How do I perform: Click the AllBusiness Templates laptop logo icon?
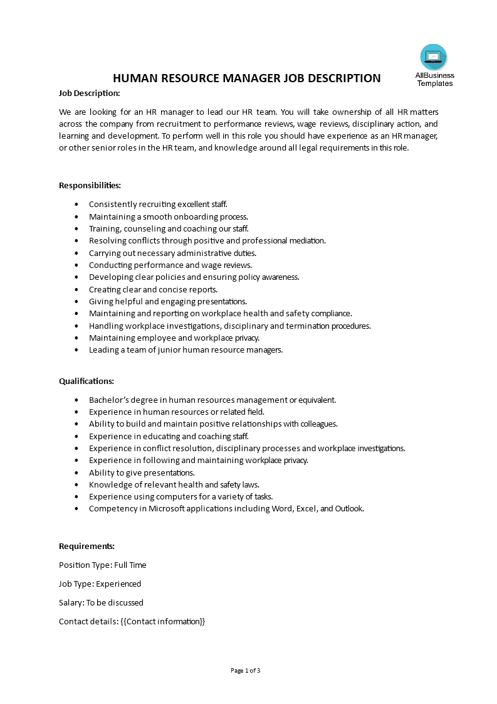434,57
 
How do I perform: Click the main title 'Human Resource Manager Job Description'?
246,78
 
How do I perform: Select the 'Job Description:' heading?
89,93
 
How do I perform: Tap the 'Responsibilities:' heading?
90,185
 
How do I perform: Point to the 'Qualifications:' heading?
86,381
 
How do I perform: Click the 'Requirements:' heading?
86,546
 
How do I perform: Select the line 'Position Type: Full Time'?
102,565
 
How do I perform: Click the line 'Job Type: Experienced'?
100,584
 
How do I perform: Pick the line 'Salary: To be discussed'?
101,602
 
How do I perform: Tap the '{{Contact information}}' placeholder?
162,621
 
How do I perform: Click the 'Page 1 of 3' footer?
246,670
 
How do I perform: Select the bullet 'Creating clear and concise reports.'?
153,289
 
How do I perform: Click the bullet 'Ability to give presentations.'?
142,472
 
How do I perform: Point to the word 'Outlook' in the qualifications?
348,509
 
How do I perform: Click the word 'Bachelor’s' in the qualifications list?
108,400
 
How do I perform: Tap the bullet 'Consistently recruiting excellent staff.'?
158,204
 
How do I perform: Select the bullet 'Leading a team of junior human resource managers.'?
186,350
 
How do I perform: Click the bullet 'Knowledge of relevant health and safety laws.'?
174,484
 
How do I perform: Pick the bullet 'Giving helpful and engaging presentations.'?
167,301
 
